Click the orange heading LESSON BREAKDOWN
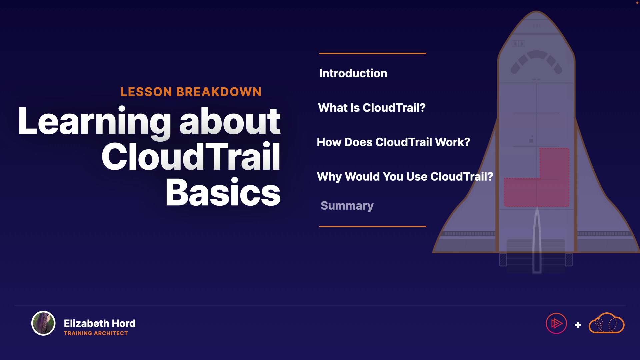click(x=191, y=92)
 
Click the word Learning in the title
click(x=94, y=122)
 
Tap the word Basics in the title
click(x=223, y=192)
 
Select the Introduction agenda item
click(x=353, y=73)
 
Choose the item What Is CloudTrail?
click(x=372, y=108)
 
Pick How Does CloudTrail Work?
click(x=393, y=142)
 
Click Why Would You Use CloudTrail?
click(x=405, y=177)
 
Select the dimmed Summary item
click(x=347, y=206)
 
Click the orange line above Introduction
click(x=373, y=53)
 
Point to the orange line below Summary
click(x=373, y=226)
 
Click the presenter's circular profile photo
click(x=43, y=323)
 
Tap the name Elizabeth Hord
click(x=100, y=323)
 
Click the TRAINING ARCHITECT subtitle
click(x=96, y=333)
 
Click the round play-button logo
click(x=556, y=323)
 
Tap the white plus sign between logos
click(x=578, y=325)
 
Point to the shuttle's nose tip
click(x=536, y=11)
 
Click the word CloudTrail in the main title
click(x=191, y=157)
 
